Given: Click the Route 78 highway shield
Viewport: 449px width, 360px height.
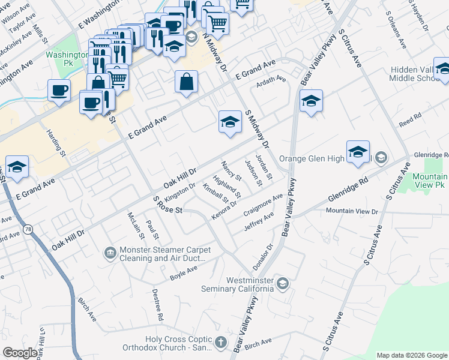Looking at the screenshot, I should [28, 229].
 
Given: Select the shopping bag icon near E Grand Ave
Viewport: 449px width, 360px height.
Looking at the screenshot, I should [187, 82].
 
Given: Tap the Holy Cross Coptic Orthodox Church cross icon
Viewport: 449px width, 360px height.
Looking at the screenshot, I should [221, 343].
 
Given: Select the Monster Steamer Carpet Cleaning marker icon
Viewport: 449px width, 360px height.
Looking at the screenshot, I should [110, 254].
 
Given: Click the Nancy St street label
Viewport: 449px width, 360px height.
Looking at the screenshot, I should [231, 171].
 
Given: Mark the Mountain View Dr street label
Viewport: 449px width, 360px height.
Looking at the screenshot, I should [352, 211].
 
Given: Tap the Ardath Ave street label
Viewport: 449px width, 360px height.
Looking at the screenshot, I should [271, 81].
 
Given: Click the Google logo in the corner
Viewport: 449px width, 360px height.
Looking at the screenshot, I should [20, 353].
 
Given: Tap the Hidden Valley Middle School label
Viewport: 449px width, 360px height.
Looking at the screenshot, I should [414, 74].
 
